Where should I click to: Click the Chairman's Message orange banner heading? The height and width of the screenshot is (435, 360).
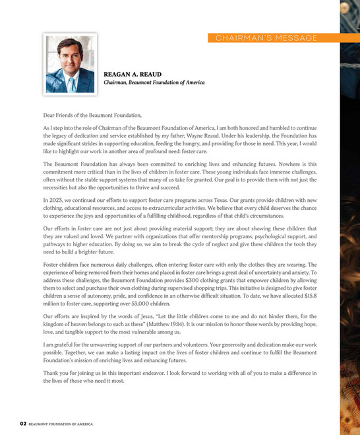(x=266, y=38)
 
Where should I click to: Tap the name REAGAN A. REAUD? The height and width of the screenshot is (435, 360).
(x=133, y=75)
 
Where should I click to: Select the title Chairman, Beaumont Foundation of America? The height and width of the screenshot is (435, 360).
(x=154, y=83)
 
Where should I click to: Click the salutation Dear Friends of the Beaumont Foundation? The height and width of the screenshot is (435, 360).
(x=92, y=115)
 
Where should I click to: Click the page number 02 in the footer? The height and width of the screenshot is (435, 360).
(x=22, y=422)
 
